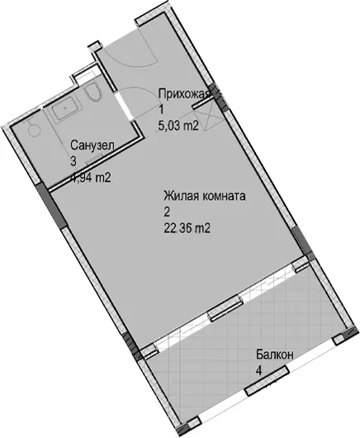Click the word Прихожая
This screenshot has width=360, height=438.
(x=184, y=94)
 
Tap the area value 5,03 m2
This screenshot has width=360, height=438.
(x=178, y=126)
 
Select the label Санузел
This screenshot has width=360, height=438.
(x=92, y=145)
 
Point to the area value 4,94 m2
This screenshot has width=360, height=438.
(x=90, y=178)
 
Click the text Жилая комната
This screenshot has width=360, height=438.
(x=205, y=196)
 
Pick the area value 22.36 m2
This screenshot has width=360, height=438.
(x=187, y=229)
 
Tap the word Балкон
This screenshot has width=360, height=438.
(x=275, y=355)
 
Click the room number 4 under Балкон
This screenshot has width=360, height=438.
(x=259, y=371)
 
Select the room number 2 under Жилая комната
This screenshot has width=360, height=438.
(x=167, y=212)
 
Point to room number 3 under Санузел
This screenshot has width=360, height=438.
(x=73, y=161)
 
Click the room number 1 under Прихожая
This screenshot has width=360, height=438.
(x=161, y=110)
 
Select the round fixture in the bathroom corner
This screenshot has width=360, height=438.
(x=33, y=129)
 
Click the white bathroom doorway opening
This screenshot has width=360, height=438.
(x=124, y=106)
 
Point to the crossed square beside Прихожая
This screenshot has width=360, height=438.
(x=207, y=115)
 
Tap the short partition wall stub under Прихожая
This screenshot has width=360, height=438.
(x=201, y=102)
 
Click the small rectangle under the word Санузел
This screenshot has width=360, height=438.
(x=92, y=161)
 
